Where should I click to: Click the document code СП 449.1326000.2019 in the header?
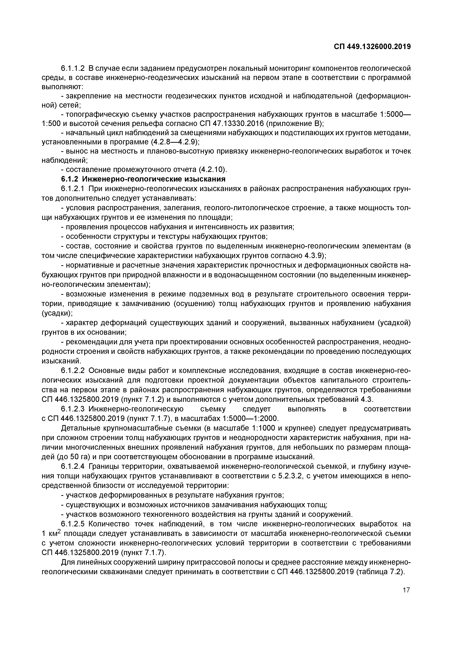point(372,47)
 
